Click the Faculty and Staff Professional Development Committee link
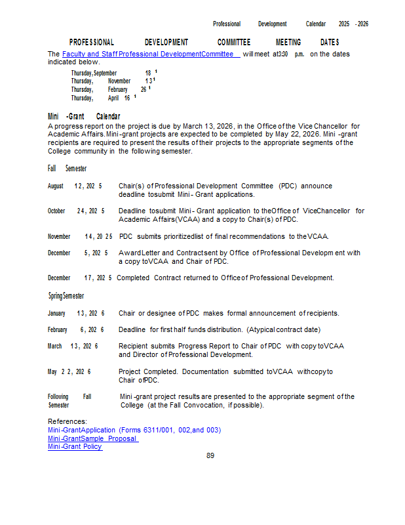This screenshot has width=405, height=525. click(150, 54)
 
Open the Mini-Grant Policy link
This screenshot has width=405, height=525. click(75, 447)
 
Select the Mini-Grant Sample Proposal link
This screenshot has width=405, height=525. click(92, 438)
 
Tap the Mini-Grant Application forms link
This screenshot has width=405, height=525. click(134, 430)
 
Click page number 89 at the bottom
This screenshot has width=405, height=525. click(210, 455)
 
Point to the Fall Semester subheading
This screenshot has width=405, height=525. click(67, 169)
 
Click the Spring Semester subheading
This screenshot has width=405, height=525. click(66, 296)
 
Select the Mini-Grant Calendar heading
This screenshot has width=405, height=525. click(84, 116)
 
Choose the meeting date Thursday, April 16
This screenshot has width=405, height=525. click(102, 98)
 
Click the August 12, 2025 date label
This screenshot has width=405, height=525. click(75, 186)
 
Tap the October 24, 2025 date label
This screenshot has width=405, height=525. click(76, 211)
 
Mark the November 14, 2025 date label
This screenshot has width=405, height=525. click(80, 236)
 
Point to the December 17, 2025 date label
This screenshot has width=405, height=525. click(79, 278)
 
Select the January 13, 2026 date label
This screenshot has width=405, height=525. click(76, 313)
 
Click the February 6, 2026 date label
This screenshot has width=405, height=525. click(75, 329)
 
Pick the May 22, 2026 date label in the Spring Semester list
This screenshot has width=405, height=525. click(69, 372)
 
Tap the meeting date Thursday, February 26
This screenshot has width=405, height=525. click(109, 89)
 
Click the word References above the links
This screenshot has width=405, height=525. click(67, 421)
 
